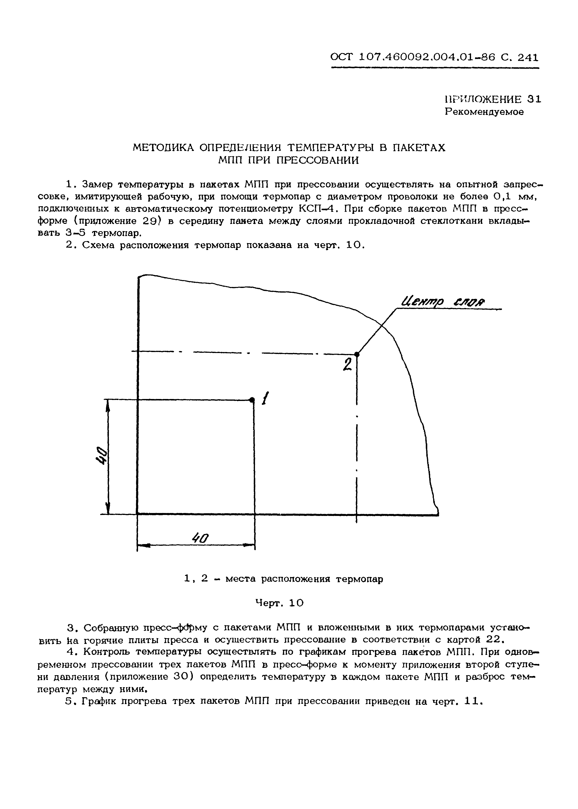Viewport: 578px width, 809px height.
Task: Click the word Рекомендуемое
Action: [484, 112]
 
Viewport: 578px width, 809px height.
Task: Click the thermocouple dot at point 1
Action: [252, 400]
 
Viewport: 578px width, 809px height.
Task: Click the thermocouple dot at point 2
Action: [357, 354]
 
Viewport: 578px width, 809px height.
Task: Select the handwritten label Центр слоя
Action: [443, 302]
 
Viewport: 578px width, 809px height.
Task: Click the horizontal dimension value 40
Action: [200, 538]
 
